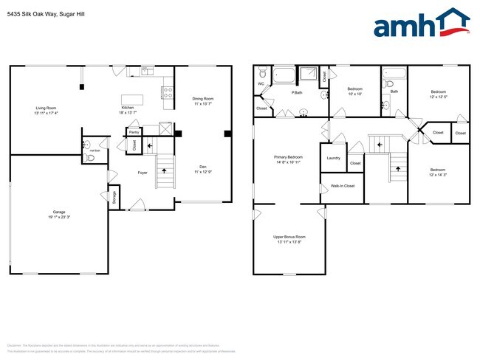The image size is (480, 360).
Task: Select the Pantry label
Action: [134, 132]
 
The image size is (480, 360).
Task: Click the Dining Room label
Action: [203, 98]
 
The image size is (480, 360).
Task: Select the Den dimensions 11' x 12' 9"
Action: [203, 172]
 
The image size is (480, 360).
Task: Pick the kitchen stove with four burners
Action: [168, 93]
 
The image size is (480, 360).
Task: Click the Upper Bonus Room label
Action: [288, 237]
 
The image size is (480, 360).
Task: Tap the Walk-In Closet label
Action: [343, 186]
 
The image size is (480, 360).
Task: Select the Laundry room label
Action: [333, 157]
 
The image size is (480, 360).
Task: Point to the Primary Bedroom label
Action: [289, 157]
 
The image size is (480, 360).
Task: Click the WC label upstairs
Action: [261, 83]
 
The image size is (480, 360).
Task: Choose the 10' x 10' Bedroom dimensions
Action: [354, 94]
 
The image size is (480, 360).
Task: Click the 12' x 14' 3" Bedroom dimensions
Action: [438, 175]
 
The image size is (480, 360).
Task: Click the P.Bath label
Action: [297, 93]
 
